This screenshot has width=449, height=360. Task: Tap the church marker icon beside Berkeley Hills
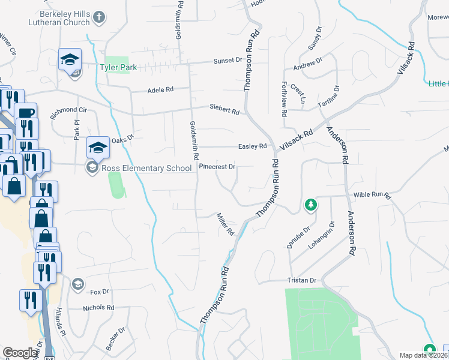point(100,19)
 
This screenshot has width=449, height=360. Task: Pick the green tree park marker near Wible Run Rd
point(310,206)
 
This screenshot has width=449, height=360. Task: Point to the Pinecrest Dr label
point(217,166)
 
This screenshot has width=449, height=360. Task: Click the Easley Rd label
point(252,146)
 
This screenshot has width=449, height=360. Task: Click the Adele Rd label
point(160,89)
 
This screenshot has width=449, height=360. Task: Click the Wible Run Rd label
point(372,196)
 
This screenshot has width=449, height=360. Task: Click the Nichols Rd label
point(98,308)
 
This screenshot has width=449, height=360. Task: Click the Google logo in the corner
point(20,353)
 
